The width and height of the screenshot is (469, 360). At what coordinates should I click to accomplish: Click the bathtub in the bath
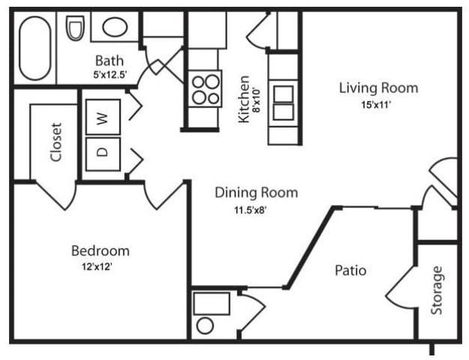coord(35,48)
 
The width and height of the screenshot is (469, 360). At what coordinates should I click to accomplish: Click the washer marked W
coord(103,117)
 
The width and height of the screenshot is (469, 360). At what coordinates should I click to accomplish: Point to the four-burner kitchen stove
coord(204,88)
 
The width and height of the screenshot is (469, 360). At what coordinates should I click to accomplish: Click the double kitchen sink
coord(284,103)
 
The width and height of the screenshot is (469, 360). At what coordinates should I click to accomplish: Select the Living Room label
coord(378,88)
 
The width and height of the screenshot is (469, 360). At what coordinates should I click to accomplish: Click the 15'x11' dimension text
coord(377,105)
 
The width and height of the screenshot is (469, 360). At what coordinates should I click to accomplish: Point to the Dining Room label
coord(256,193)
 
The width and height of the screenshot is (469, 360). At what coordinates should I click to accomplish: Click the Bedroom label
coord(100,250)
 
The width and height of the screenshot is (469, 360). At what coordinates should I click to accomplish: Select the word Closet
coord(56,142)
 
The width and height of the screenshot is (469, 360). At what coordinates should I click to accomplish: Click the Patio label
coord(350,270)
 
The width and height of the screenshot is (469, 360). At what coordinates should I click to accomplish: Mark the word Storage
coord(437,290)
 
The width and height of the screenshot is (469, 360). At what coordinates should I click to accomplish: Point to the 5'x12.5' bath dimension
coord(110,75)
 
